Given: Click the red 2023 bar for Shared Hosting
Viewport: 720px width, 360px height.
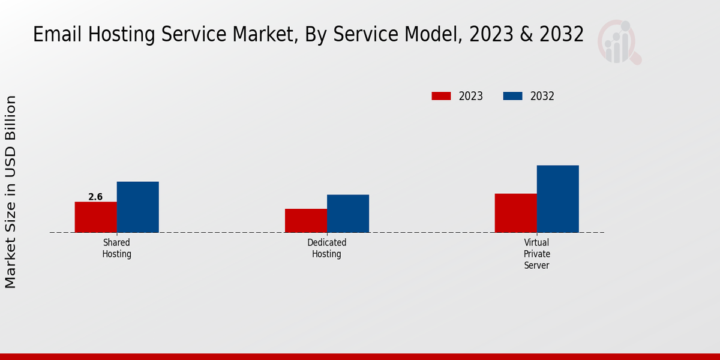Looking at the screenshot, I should coord(95,217).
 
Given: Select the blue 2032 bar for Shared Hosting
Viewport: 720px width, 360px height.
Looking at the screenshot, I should coord(137,207).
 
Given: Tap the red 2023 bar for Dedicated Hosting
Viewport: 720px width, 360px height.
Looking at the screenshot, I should coord(306,221).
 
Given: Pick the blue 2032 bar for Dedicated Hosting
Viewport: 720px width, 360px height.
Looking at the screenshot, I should coord(348,214).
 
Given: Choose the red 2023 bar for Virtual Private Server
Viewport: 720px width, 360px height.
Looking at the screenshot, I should coord(515,213).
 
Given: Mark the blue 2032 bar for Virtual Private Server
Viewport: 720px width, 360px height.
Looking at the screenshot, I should coord(557,199).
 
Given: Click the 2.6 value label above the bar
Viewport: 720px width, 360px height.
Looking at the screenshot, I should coord(95,197).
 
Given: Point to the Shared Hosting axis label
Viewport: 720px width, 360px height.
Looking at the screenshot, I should coord(116,248).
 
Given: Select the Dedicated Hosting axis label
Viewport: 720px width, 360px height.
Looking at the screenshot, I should coord(326,248).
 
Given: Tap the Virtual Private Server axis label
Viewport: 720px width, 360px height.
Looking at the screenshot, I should coord(536,254).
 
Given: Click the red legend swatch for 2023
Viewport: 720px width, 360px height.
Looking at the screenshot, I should coord(441,96).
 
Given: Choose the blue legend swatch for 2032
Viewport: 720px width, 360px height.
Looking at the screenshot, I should coord(512,96).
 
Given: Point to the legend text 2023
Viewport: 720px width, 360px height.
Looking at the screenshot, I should coord(471,96).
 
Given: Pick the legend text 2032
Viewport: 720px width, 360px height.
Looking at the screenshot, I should coord(542,96).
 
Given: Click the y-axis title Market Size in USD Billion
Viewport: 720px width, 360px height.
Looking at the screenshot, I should coord(11,192).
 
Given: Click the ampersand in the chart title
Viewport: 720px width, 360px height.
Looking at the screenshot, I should coord(527,35).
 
